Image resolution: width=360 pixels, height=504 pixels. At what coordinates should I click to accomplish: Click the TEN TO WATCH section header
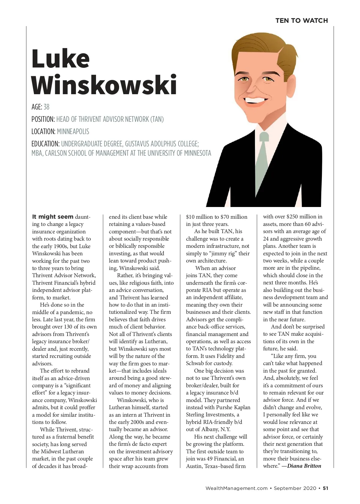click(x=301, y=20)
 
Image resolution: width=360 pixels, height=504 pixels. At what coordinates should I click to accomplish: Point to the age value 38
click(x=46, y=107)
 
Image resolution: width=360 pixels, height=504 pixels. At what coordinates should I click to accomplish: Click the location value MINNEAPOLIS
click(x=73, y=131)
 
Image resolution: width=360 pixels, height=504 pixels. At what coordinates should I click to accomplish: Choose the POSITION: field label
click(x=43, y=119)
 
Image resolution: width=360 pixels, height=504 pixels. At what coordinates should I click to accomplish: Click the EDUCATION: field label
click(x=46, y=144)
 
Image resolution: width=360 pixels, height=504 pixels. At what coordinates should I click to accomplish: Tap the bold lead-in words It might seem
click(x=53, y=217)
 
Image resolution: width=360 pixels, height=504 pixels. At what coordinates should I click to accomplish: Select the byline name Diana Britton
click(x=304, y=466)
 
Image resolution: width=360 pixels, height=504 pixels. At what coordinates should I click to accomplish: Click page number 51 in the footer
click(x=325, y=488)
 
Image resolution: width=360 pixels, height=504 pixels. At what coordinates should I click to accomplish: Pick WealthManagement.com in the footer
click(x=236, y=488)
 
